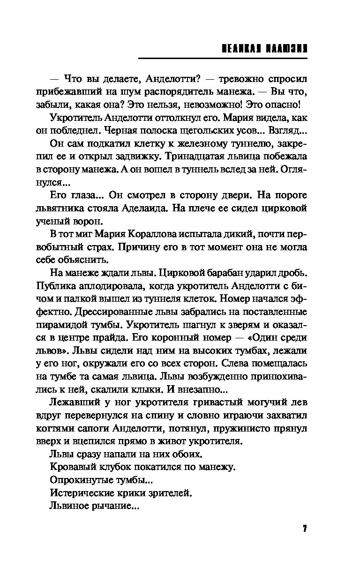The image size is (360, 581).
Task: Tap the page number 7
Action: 304,529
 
